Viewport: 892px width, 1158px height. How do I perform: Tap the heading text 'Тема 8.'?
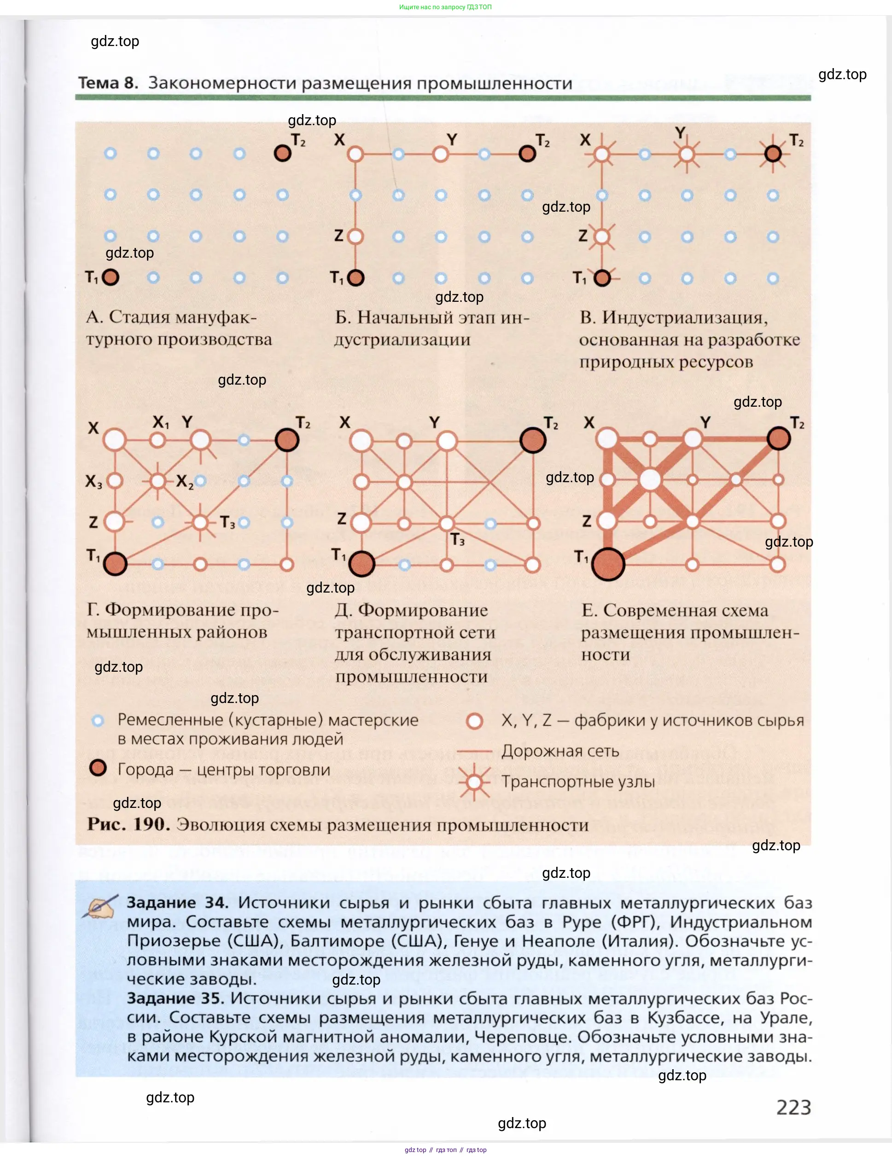click(108, 83)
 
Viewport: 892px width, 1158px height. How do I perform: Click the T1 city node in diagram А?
click(111, 277)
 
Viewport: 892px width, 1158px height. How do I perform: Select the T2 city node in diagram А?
click(282, 153)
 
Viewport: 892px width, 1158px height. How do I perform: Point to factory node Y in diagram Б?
click(440, 154)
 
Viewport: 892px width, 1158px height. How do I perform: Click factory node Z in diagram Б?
click(356, 236)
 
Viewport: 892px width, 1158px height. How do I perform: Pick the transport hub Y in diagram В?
click(687, 154)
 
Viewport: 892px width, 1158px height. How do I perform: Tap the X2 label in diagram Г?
click(185, 481)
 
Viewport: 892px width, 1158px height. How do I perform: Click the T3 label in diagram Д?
click(457, 540)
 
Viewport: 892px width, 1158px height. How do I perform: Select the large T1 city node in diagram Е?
click(607, 564)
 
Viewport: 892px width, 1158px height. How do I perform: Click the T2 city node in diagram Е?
click(778, 438)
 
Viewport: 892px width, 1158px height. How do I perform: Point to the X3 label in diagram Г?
click(93, 481)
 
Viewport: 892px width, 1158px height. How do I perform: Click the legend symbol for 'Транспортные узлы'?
click(474, 782)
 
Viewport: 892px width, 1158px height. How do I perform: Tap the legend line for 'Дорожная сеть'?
click(474, 751)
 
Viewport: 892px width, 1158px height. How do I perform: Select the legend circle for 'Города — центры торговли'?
click(98, 768)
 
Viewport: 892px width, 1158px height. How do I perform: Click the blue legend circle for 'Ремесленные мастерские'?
click(98, 720)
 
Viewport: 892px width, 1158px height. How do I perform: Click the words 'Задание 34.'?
click(177, 903)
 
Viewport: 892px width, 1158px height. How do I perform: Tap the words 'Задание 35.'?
click(175, 998)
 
